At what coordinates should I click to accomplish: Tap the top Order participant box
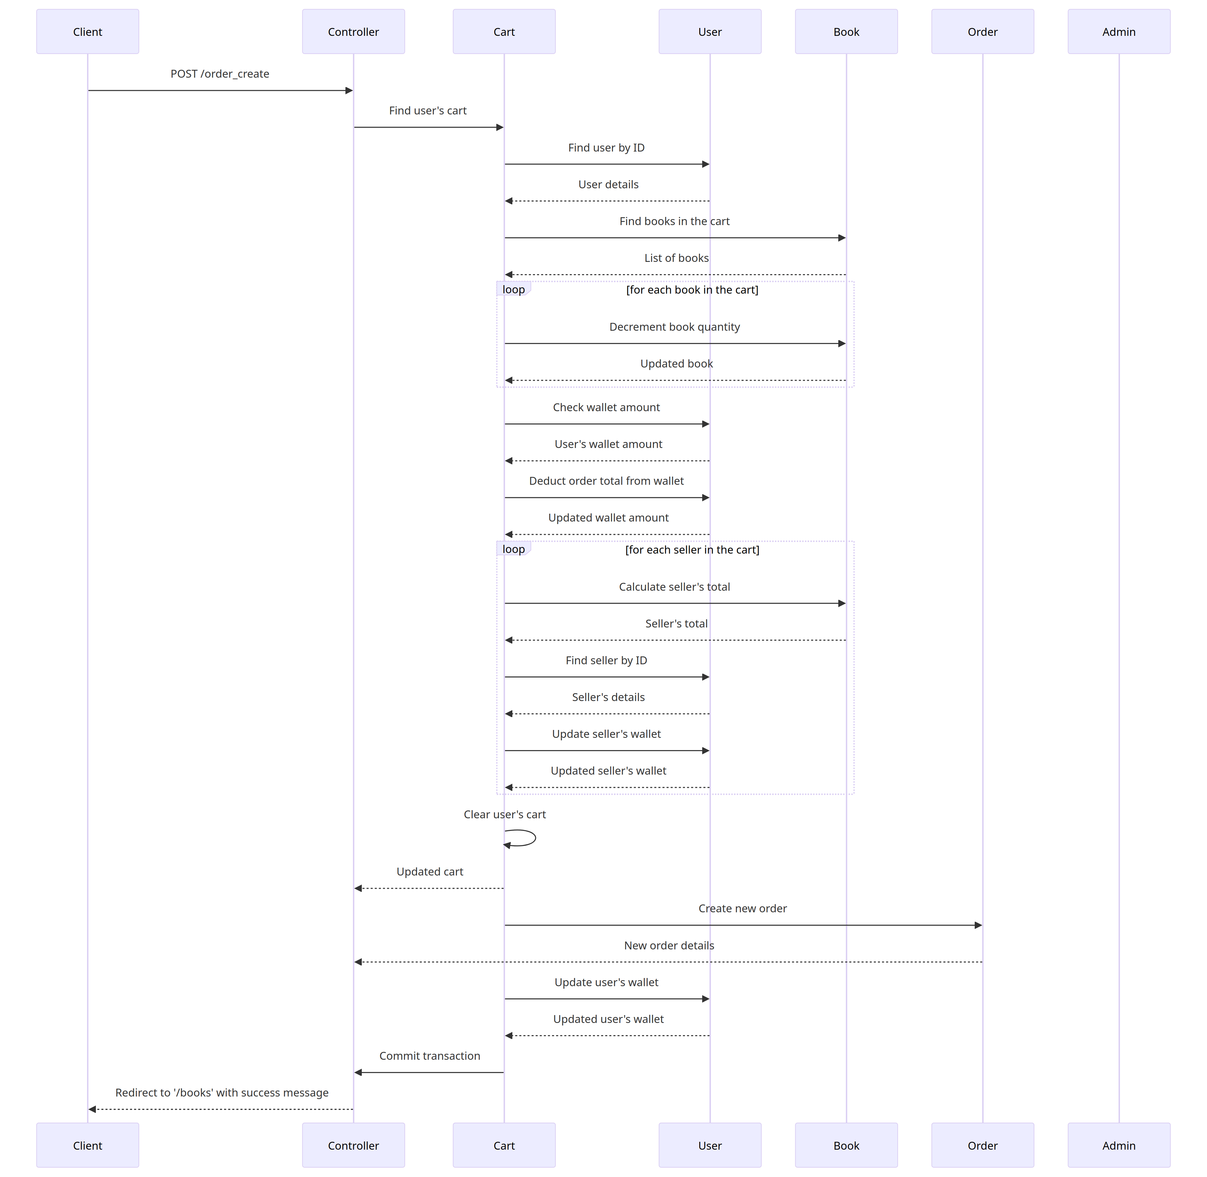point(982,31)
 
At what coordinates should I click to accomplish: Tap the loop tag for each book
point(513,289)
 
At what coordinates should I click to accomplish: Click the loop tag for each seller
point(513,549)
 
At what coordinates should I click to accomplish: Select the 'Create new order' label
point(742,908)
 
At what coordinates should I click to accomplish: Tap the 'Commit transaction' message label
point(430,1056)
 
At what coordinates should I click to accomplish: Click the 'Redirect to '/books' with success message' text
point(222,1092)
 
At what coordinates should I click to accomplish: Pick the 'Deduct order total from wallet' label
point(606,481)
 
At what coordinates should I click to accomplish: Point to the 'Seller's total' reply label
point(676,624)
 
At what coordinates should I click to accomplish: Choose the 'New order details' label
point(669,945)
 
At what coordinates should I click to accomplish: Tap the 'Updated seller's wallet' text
point(608,771)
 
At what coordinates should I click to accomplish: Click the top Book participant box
point(846,31)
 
